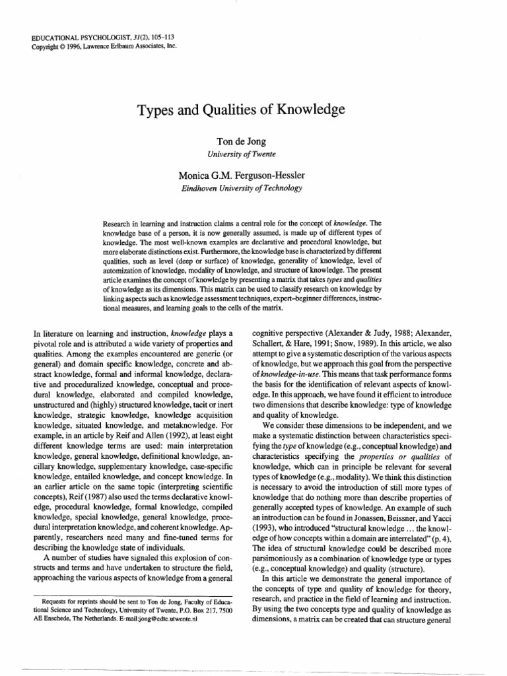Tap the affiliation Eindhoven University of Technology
[241, 188]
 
